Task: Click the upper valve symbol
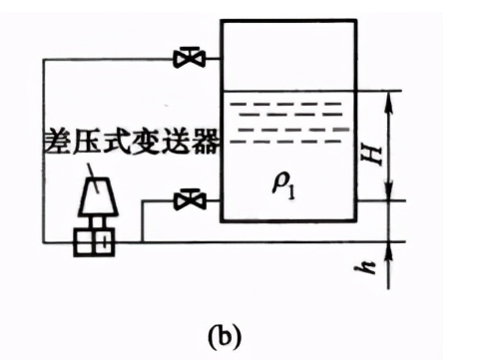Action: coord(190,59)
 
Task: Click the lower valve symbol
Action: coord(190,199)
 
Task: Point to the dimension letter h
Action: coord(366,267)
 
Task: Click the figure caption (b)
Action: coord(225,335)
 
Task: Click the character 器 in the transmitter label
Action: coord(206,141)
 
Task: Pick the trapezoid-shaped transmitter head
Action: coord(98,196)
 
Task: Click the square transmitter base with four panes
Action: coord(94,242)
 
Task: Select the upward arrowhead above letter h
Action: coord(388,252)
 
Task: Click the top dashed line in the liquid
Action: coord(285,104)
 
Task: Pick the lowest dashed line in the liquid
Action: coord(285,142)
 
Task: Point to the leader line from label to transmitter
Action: coord(93,178)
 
